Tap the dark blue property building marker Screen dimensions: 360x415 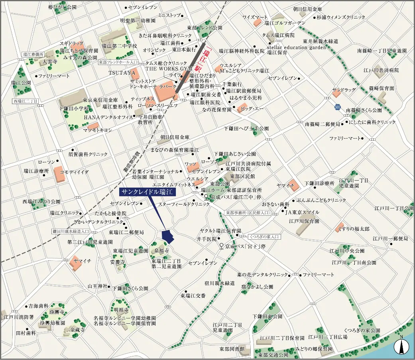point(168,236)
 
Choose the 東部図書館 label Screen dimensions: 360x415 point(228,349)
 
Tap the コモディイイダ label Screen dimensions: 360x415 point(74,172)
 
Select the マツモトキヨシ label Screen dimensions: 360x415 point(98,130)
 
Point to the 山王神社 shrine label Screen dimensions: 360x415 point(98,286)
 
